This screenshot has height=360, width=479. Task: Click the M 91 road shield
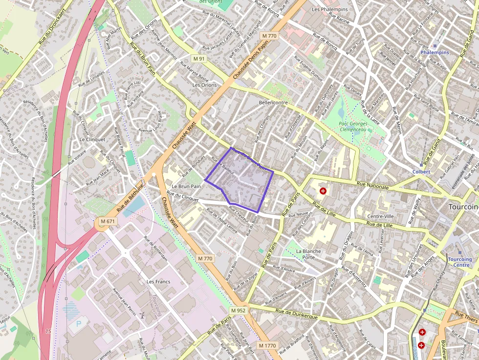199,59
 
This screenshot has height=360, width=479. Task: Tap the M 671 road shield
108,222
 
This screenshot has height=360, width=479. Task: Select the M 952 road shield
238,311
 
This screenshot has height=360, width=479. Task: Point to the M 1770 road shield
267,345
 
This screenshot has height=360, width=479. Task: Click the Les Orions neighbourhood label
204,85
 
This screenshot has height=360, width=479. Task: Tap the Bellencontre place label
273,103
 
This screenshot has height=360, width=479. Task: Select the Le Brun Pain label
186,187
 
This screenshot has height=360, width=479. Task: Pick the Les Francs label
158,282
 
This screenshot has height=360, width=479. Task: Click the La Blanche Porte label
308,254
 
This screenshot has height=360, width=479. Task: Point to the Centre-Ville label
380,216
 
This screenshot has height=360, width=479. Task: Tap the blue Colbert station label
421,172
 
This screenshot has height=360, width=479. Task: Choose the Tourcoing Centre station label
459,262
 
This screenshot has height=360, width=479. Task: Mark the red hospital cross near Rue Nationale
323,191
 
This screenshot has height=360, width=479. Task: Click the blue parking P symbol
79,324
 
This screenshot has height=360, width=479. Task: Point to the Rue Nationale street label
373,185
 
